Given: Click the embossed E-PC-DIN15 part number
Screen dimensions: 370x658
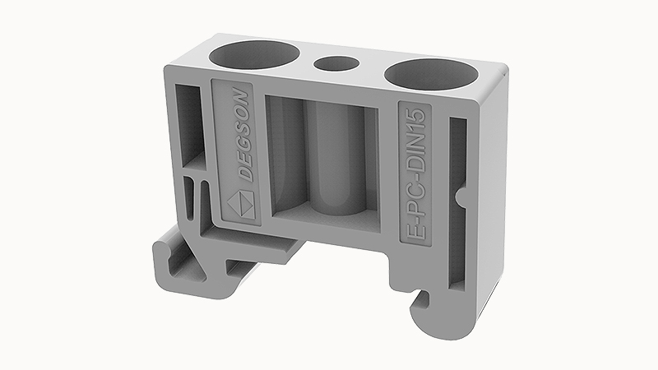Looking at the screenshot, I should (416, 172).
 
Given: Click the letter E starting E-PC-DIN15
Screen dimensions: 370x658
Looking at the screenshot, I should (416, 231).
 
